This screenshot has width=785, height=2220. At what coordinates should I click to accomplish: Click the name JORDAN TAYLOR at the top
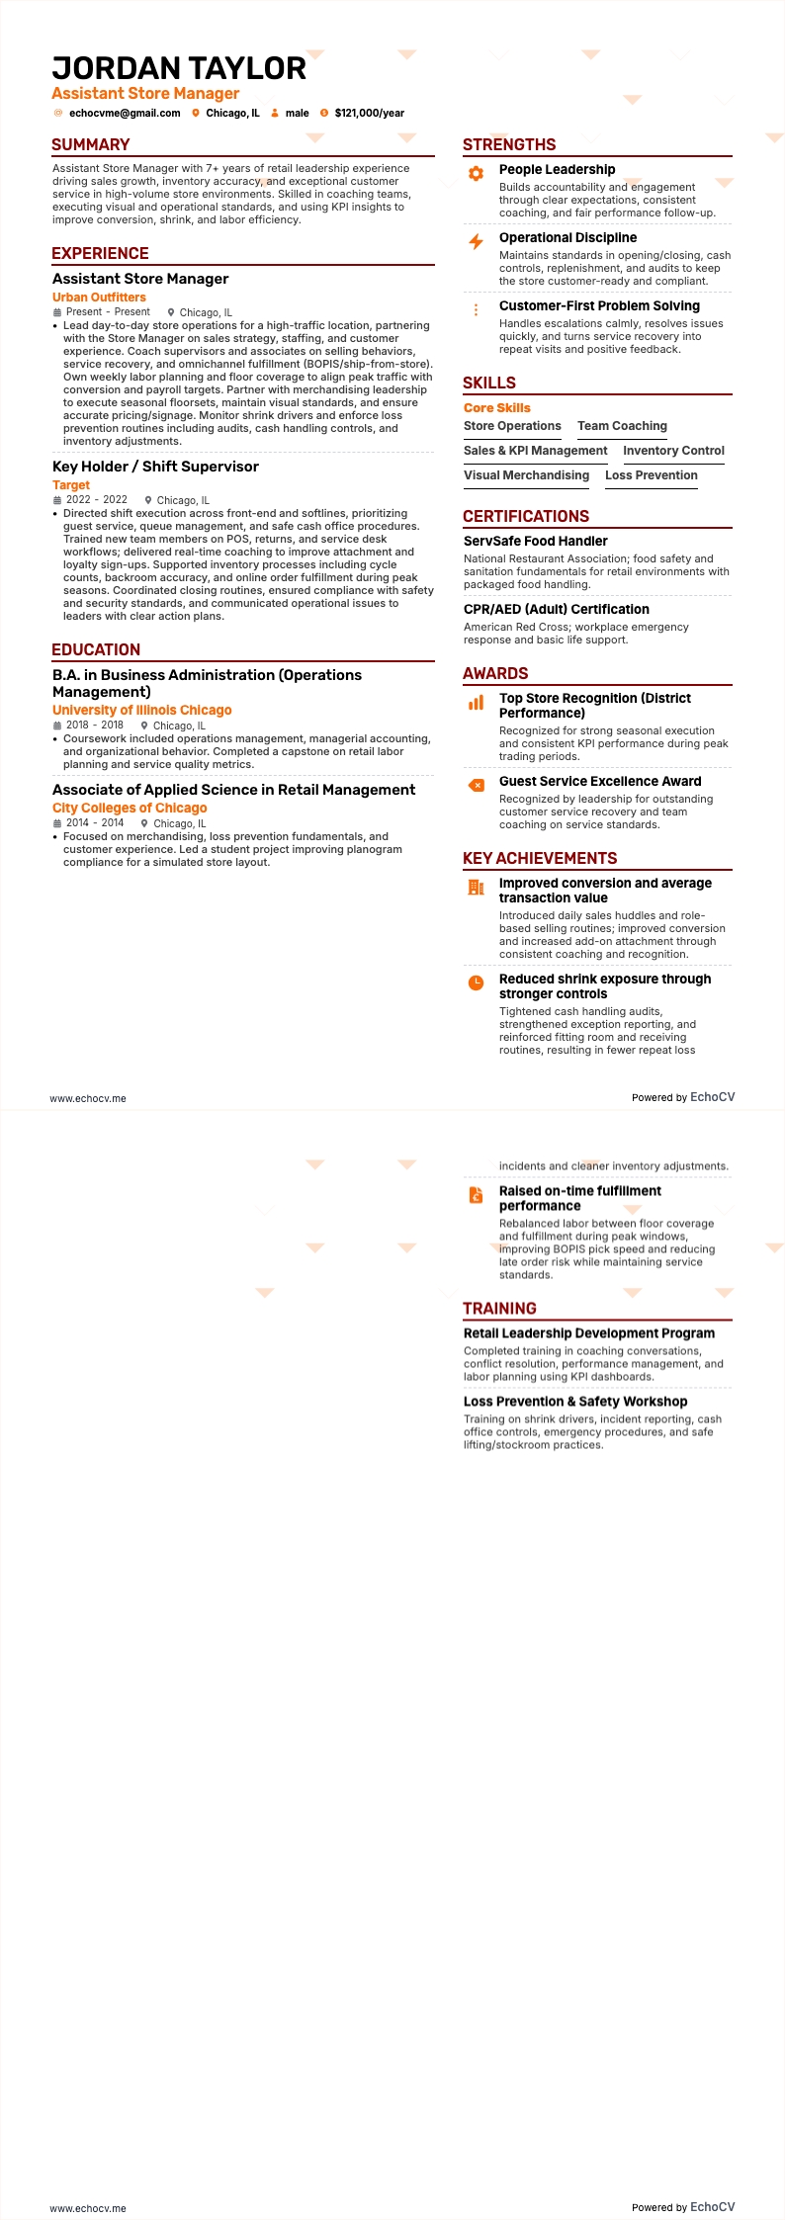point(179,68)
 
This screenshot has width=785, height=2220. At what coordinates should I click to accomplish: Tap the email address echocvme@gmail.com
point(125,113)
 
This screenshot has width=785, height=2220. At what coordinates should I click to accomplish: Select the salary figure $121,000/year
point(369,113)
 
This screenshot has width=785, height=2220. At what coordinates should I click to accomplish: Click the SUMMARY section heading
point(91,144)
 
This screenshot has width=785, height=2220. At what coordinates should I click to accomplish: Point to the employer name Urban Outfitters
point(99,297)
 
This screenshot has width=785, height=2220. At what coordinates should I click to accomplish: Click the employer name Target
point(71,484)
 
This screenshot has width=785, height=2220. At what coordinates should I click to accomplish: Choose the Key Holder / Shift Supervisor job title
point(155,467)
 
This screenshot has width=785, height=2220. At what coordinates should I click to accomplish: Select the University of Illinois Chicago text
point(142,710)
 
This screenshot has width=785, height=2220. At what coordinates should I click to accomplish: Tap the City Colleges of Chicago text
point(130,808)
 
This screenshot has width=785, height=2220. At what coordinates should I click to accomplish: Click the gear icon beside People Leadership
point(476,173)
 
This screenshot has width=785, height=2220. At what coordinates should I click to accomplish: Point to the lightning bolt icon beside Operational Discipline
point(476,241)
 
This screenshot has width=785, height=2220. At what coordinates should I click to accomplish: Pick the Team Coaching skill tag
point(622,426)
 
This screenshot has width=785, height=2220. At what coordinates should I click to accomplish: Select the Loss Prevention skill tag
point(652,475)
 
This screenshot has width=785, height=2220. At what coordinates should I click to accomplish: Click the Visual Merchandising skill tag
point(526,475)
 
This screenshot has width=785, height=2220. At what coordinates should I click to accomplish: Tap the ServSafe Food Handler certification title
point(536,541)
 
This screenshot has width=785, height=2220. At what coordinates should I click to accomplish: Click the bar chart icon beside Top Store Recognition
point(476,702)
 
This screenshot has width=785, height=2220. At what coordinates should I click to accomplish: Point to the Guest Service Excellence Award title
point(600,781)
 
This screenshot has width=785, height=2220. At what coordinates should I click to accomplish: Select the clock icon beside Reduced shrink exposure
point(476,982)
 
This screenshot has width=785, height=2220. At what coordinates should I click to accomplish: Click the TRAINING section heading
point(499,1308)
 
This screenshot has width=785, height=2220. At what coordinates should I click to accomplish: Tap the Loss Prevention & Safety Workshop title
point(575,1401)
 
